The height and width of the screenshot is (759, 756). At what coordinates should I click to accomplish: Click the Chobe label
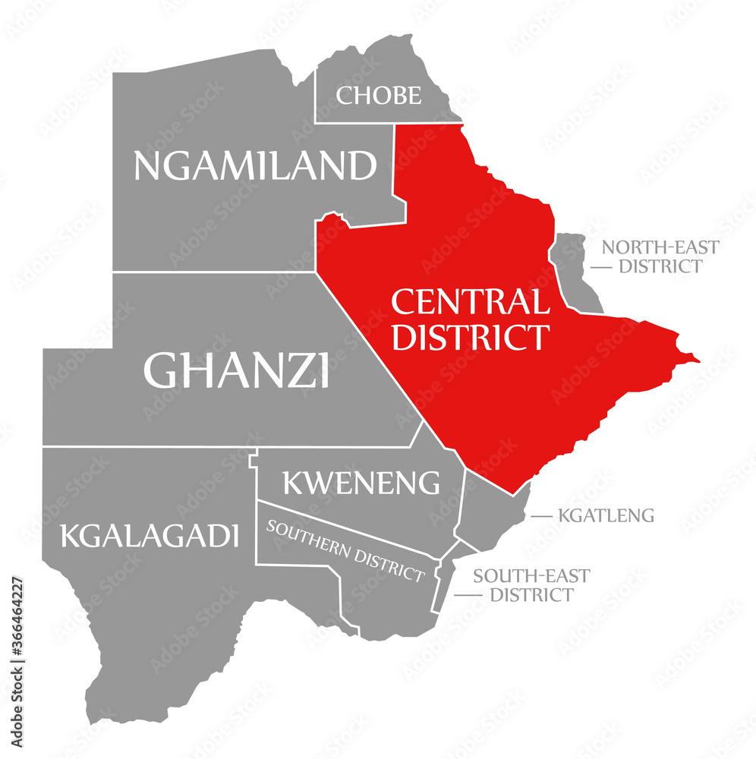pyautogui.click(x=378, y=96)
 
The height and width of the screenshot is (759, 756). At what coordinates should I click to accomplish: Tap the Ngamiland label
pyautogui.click(x=255, y=165)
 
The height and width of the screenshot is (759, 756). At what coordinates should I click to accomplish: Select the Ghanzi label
pyautogui.click(x=236, y=370)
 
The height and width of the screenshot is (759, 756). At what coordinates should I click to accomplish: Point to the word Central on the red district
pyautogui.click(x=471, y=303)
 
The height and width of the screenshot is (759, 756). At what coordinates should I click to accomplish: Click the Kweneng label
pyautogui.click(x=361, y=482)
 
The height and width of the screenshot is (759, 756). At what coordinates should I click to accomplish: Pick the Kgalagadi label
pyautogui.click(x=150, y=536)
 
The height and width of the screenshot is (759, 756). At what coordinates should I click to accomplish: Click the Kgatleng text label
pyautogui.click(x=606, y=516)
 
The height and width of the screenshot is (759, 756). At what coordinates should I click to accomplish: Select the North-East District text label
pyautogui.click(x=660, y=257)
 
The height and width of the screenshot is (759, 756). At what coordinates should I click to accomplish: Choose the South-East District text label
pyautogui.click(x=531, y=585)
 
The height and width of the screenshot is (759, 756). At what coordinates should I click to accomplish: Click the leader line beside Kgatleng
pyautogui.click(x=541, y=516)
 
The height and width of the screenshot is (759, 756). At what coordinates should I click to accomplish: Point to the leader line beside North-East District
pyautogui.click(x=602, y=267)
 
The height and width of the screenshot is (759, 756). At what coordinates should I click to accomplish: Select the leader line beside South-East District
pyautogui.click(x=468, y=595)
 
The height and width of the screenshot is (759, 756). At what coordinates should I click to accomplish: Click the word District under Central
pyautogui.click(x=470, y=336)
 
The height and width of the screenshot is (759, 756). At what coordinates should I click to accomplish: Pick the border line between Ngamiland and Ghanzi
pyautogui.click(x=213, y=272)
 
